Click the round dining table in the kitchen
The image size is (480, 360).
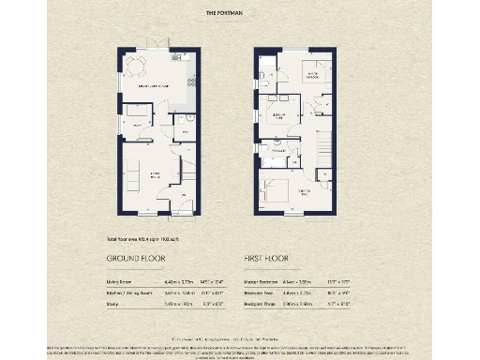[x=138, y=67]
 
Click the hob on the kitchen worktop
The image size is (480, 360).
[x=191, y=82]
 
